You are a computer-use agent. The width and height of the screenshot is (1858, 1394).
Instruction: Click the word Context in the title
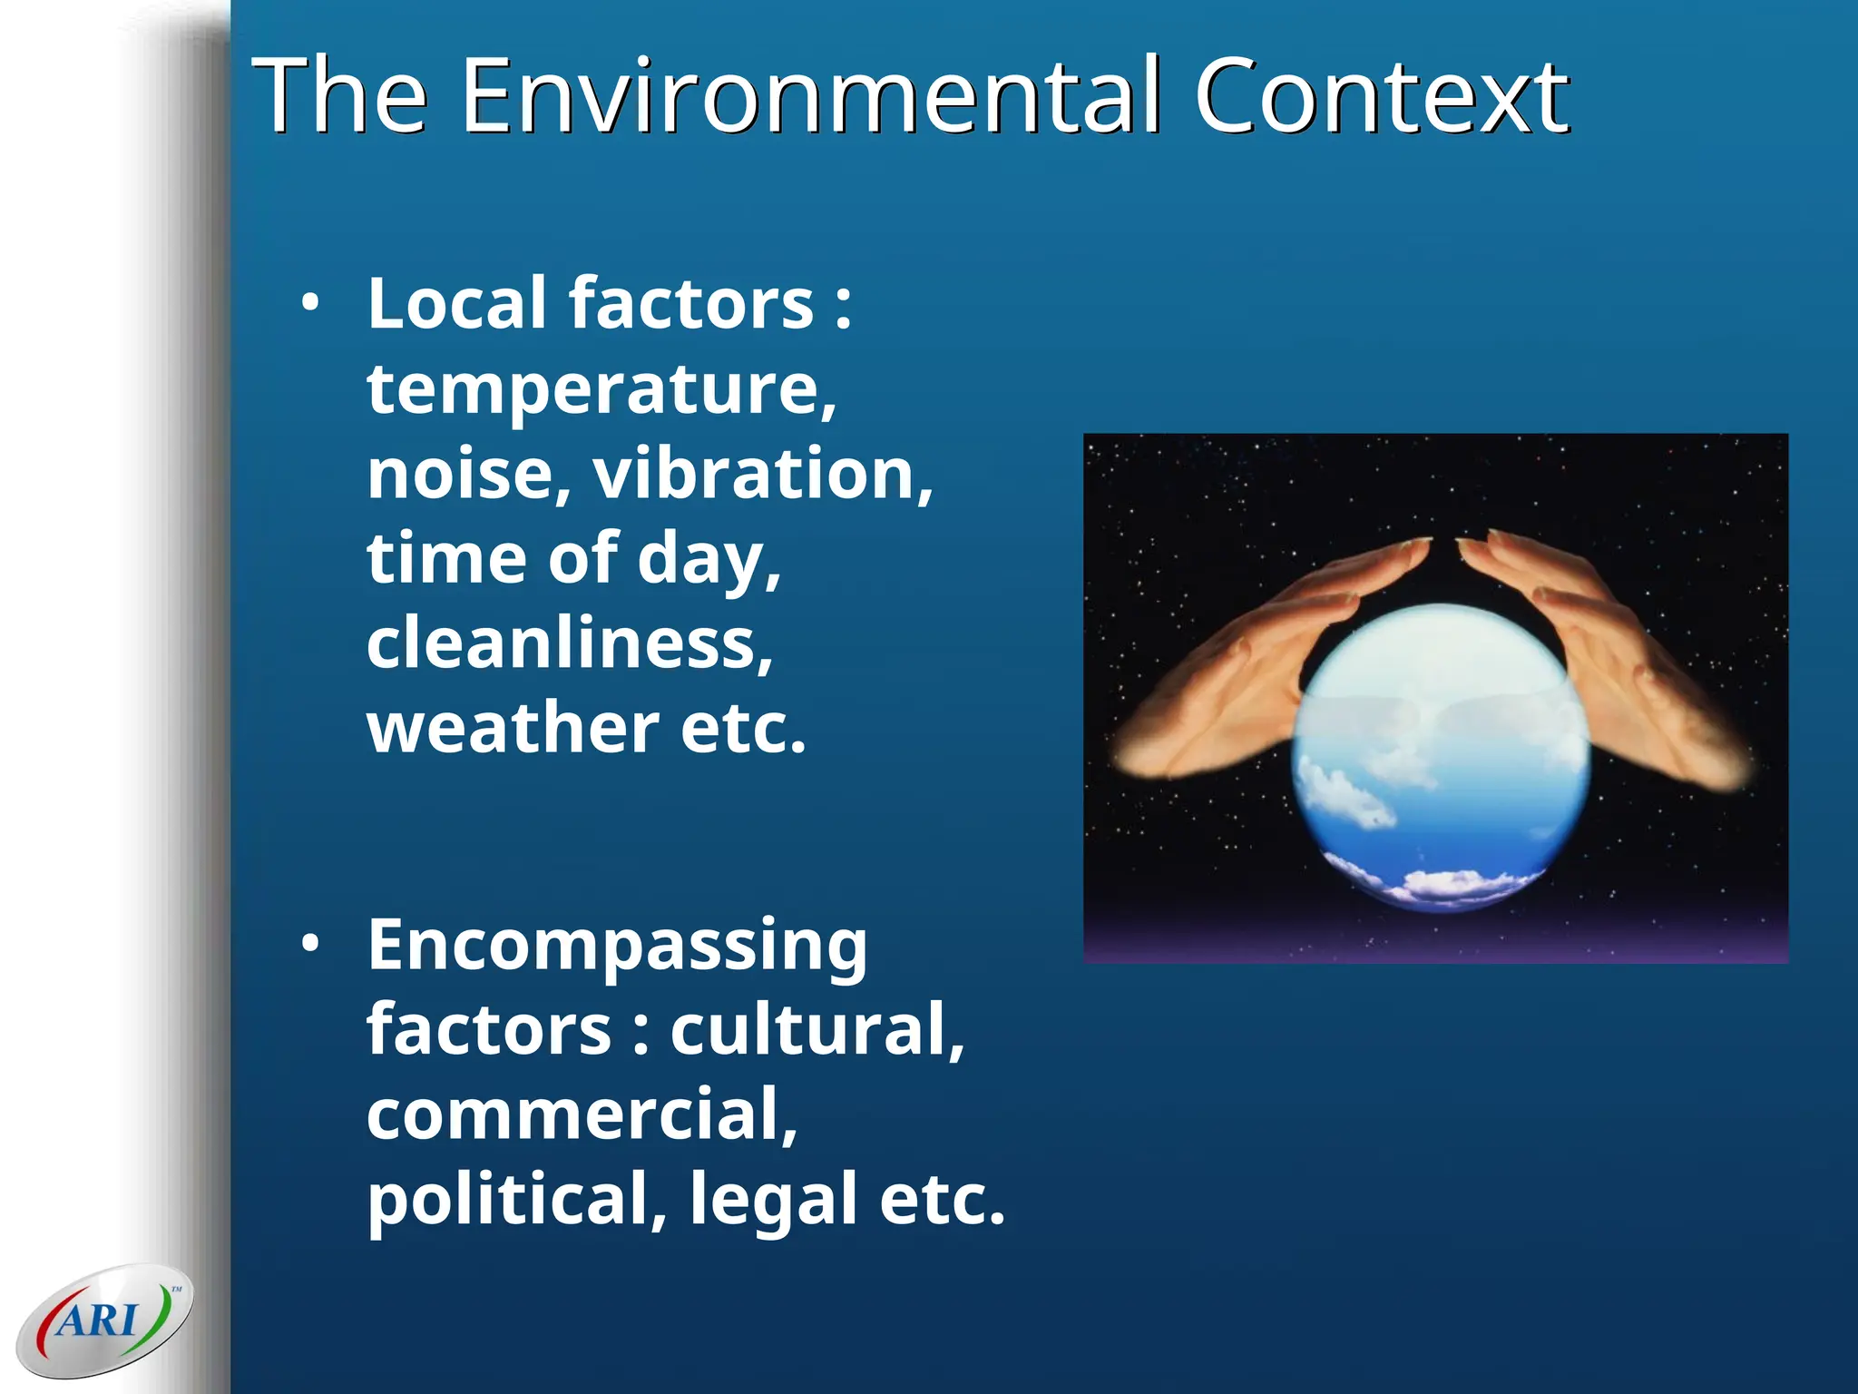click(1380, 95)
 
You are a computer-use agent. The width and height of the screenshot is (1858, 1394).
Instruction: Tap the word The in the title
click(339, 95)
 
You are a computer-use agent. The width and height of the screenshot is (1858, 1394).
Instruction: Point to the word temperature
click(601, 390)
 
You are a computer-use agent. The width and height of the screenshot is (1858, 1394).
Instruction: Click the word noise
click(468, 474)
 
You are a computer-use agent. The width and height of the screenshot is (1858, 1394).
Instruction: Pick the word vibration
click(762, 474)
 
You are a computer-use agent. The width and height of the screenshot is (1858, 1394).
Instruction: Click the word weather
click(513, 728)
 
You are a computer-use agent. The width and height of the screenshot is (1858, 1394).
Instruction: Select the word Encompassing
click(617, 946)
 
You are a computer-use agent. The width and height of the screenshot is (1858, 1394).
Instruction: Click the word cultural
click(817, 1030)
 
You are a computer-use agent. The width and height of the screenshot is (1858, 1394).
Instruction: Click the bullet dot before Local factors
click(311, 304)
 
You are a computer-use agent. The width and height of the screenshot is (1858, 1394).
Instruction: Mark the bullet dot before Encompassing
click(311, 945)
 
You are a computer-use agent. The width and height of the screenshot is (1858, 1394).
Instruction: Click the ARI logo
click(104, 1320)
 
